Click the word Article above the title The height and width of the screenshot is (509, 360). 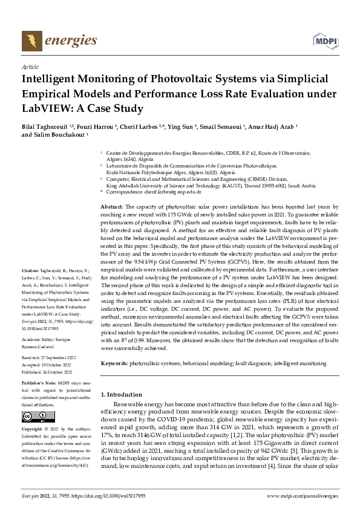[30, 68]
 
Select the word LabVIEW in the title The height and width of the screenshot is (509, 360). [45, 109]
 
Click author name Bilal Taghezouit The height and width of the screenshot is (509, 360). [45, 128]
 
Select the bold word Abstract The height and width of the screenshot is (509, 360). [111, 207]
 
